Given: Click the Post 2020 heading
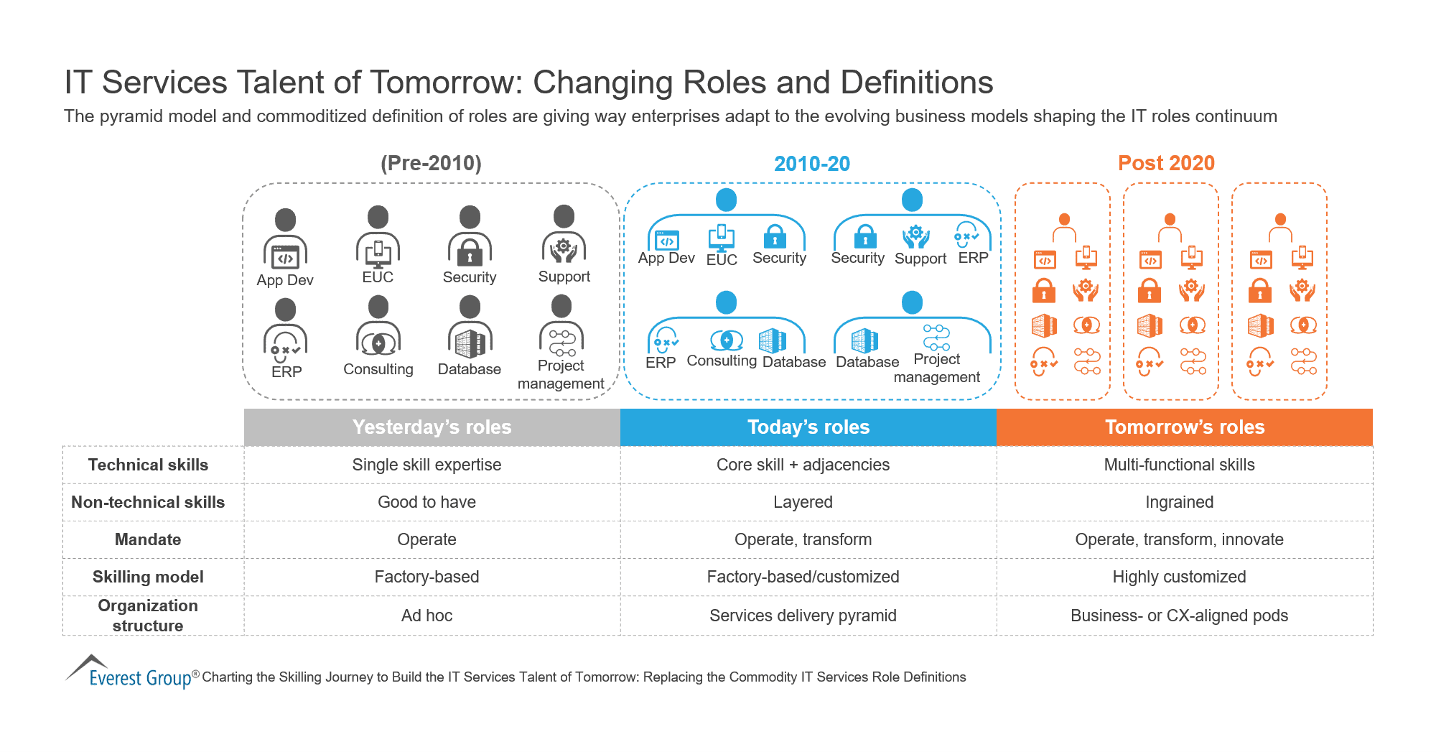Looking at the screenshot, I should (1166, 163).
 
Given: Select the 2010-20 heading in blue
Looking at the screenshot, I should (811, 164).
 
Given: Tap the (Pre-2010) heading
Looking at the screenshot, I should (431, 163).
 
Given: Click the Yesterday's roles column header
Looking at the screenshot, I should (432, 427).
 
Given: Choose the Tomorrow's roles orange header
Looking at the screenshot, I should (1184, 427).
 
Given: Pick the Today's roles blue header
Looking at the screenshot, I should (808, 427).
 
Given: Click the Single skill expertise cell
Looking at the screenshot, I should (426, 465).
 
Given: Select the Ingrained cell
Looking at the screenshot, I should (1179, 502).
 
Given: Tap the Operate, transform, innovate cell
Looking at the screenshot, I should (1179, 539).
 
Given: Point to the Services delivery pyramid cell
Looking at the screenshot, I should (803, 616).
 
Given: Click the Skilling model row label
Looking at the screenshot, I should (148, 577).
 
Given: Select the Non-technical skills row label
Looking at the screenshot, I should (148, 502).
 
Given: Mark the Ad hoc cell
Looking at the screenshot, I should (426, 616).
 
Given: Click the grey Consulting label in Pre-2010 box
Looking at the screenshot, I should (378, 369).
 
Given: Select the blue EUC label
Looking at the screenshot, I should (722, 260).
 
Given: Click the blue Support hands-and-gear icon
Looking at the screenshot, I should (916, 236).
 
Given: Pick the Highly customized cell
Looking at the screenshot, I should (1179, 577).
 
